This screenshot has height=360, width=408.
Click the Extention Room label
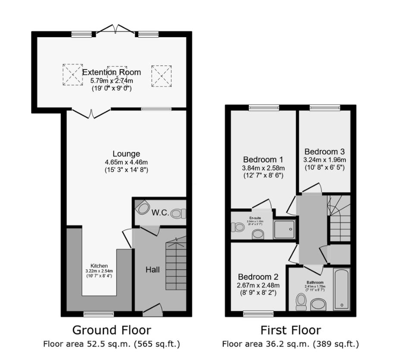coord(111,72)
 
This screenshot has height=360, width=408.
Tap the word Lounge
coord(126,154)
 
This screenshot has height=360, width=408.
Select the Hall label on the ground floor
coord(152,270)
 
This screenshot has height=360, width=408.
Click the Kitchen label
coord(99,265)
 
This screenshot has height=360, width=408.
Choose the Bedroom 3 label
coord(324,152)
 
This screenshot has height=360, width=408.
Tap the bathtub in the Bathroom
coord(342,288)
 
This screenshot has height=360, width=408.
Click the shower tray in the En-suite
coord(284,229)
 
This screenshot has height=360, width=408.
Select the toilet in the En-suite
coord(238,227)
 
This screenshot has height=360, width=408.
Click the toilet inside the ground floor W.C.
coord(178,213)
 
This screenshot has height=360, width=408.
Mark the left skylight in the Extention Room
coord(72,75)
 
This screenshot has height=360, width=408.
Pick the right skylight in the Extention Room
coord(161,76)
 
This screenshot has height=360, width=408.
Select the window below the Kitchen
coord(95,314)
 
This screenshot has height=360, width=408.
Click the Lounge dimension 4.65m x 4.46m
coord(126,162)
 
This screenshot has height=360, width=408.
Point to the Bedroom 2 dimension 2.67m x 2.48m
coord(258,285)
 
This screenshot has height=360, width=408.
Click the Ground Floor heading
coord(111,330)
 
